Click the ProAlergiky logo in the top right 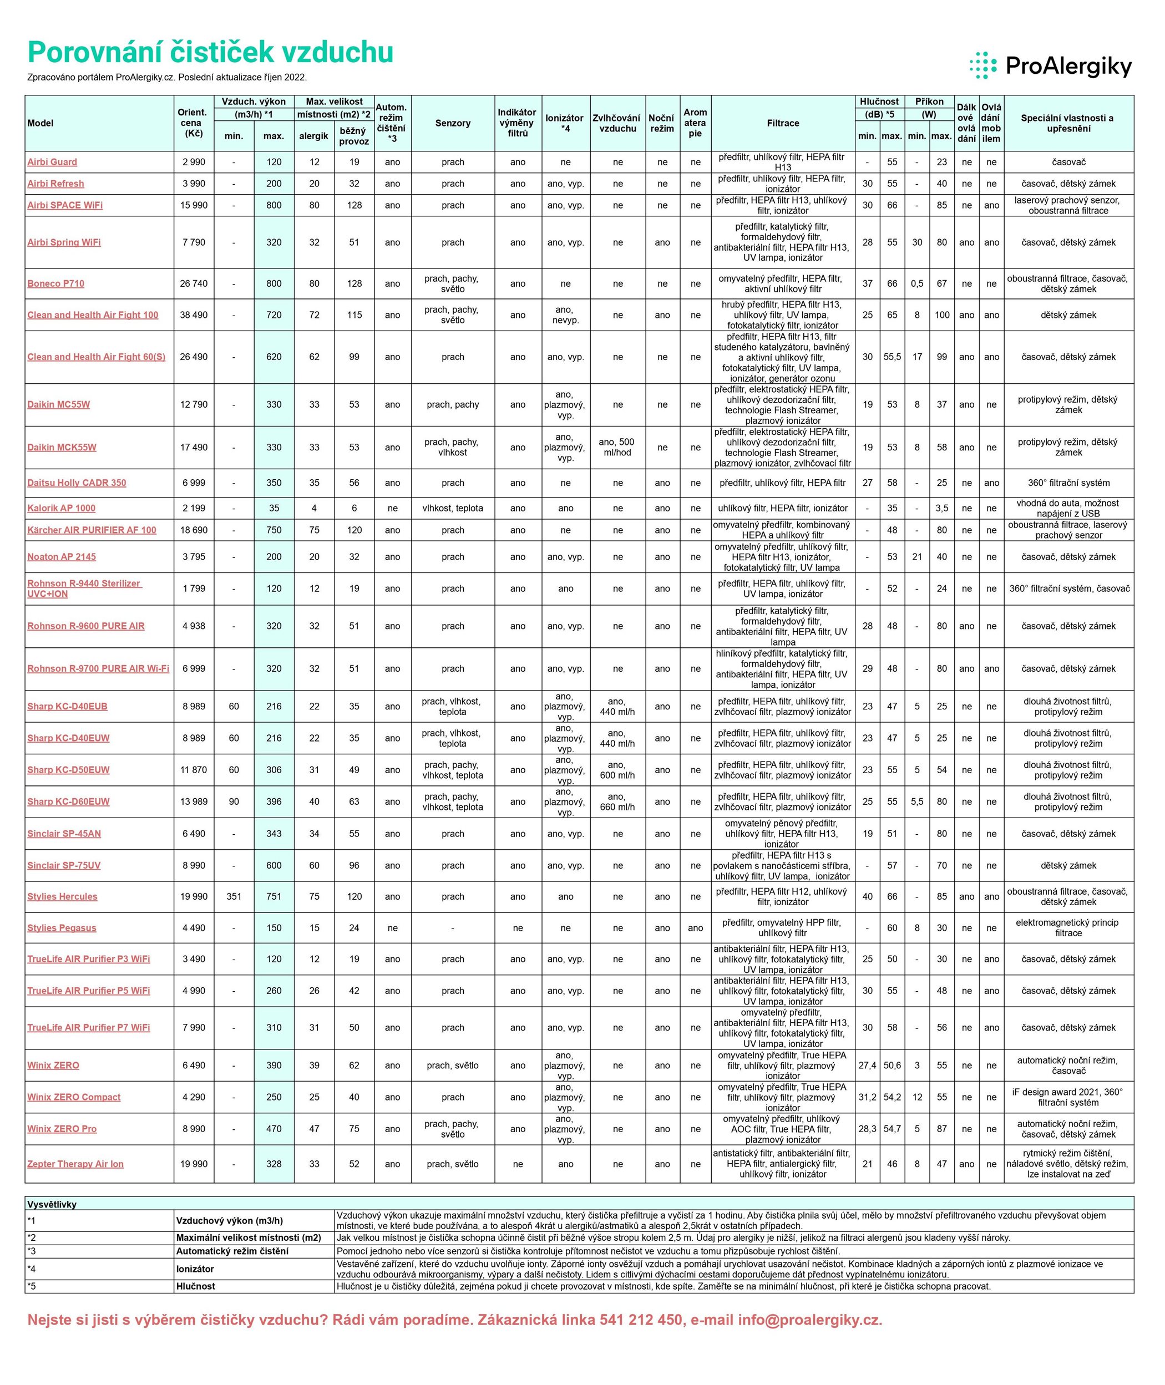[1050, 66]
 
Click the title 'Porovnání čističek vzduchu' [211, 52]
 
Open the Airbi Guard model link [52, 163]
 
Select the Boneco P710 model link [56, 284]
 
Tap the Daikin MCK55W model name [62, 448]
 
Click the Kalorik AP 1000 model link [62, 508]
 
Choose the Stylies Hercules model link [62, 896]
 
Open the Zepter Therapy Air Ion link [75, 1164]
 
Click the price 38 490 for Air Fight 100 [194, 315]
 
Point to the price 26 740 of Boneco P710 [194, 284]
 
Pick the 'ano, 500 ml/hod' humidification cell [617, 448]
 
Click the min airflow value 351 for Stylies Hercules [234, 896]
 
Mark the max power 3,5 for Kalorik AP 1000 [942, 508]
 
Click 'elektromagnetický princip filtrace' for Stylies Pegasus [1068, 927]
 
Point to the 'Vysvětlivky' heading [52, 1204]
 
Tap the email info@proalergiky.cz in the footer [810, 1320]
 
